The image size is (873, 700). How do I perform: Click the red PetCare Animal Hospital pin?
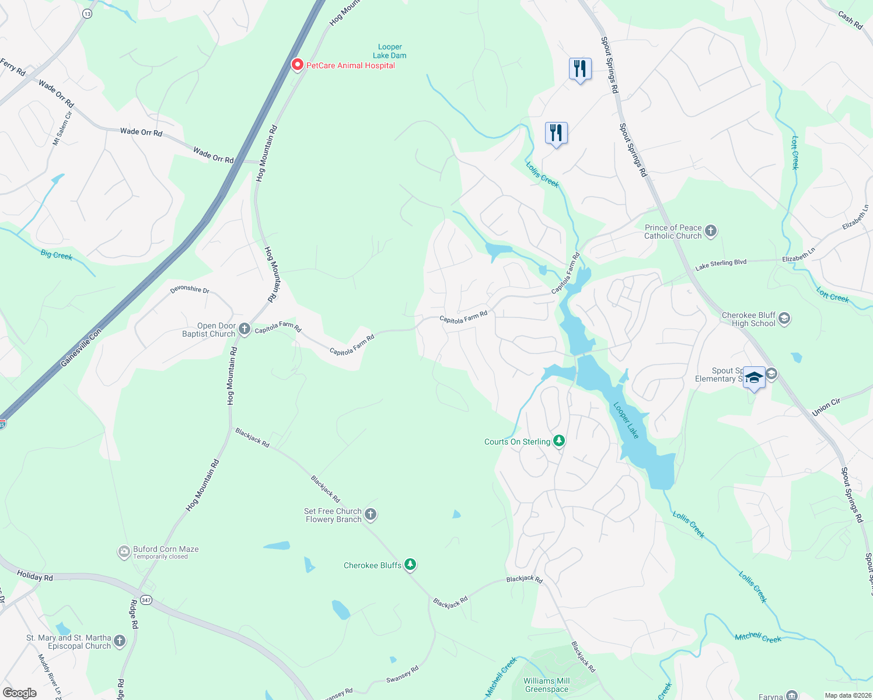click(297, 65)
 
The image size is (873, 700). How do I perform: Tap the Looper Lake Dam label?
click(390, 51)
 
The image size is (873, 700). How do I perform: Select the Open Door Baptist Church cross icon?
click(245, 330)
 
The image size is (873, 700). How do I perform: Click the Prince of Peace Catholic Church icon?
click(710, 231)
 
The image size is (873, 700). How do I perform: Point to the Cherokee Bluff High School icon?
click(784, 318)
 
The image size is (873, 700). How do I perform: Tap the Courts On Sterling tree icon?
click(559, 441)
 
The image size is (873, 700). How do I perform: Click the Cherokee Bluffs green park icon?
click(411, 565)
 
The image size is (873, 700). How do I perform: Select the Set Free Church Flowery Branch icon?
click(371, 514)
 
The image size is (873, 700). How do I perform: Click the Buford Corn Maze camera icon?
click(124, 552)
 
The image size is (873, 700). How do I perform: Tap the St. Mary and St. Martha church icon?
click(120, 641)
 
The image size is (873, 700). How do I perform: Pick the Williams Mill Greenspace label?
click(546, 685)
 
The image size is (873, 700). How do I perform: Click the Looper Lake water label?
click(626, 420)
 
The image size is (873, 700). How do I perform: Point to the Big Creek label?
click(57, 255)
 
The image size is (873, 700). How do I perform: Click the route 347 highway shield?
click(146, 600)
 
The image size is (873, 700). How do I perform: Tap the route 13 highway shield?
click(87, 14)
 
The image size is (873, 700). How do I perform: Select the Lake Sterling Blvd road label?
click(721, 265)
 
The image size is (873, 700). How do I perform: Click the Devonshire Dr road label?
click(190, 289)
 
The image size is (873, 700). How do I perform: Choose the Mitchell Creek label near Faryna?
click(758, 638)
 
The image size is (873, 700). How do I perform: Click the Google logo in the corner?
click(20, 693)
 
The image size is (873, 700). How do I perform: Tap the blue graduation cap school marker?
click(754, 377)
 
